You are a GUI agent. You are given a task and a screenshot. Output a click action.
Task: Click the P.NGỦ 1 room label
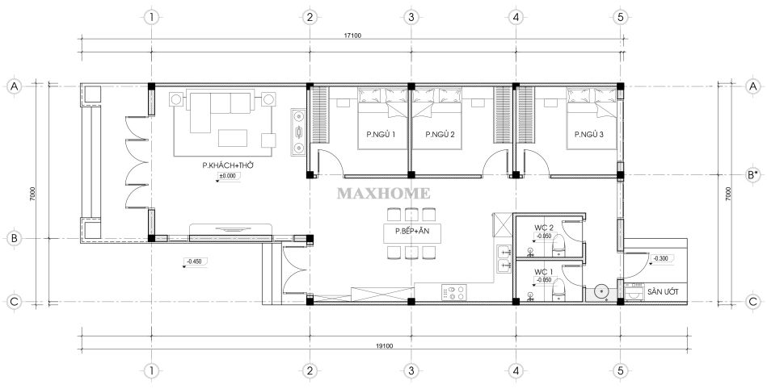coord(380,134)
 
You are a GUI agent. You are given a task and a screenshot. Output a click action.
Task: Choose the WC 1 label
coord(543,272)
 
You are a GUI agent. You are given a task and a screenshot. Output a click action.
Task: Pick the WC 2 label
coord(543,228)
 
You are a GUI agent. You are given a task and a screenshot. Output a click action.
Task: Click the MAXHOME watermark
coord(383,194)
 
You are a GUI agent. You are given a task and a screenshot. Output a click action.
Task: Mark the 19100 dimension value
coord(384,346)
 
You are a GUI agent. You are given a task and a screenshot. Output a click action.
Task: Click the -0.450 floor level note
coord(195,261)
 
